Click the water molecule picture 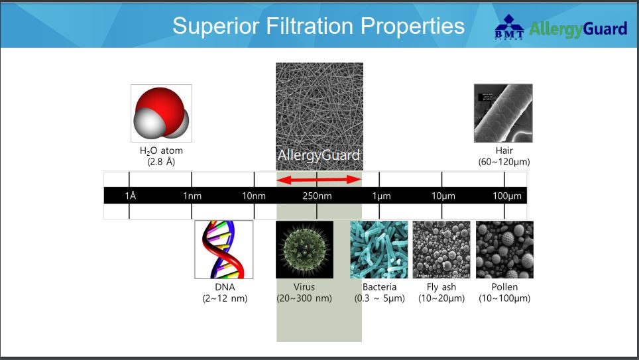(161, 113)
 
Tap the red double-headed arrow (319, 180)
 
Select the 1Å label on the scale (131, 196)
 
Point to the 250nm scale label (317, 196)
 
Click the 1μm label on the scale (381, 196)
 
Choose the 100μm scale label (507, 196)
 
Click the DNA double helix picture (224, 249)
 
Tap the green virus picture (304, 249)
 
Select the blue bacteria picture (379, 249)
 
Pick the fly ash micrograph (441, 249)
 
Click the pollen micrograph (504, 249)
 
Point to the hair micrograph (503, 113)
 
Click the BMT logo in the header (509, 27)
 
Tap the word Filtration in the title (310, 26)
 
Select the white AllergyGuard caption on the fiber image (319, 155)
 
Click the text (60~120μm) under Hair (504, 162)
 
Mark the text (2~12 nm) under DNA (225, 298)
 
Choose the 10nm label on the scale (254, 196)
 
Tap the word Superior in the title (216, 26)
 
